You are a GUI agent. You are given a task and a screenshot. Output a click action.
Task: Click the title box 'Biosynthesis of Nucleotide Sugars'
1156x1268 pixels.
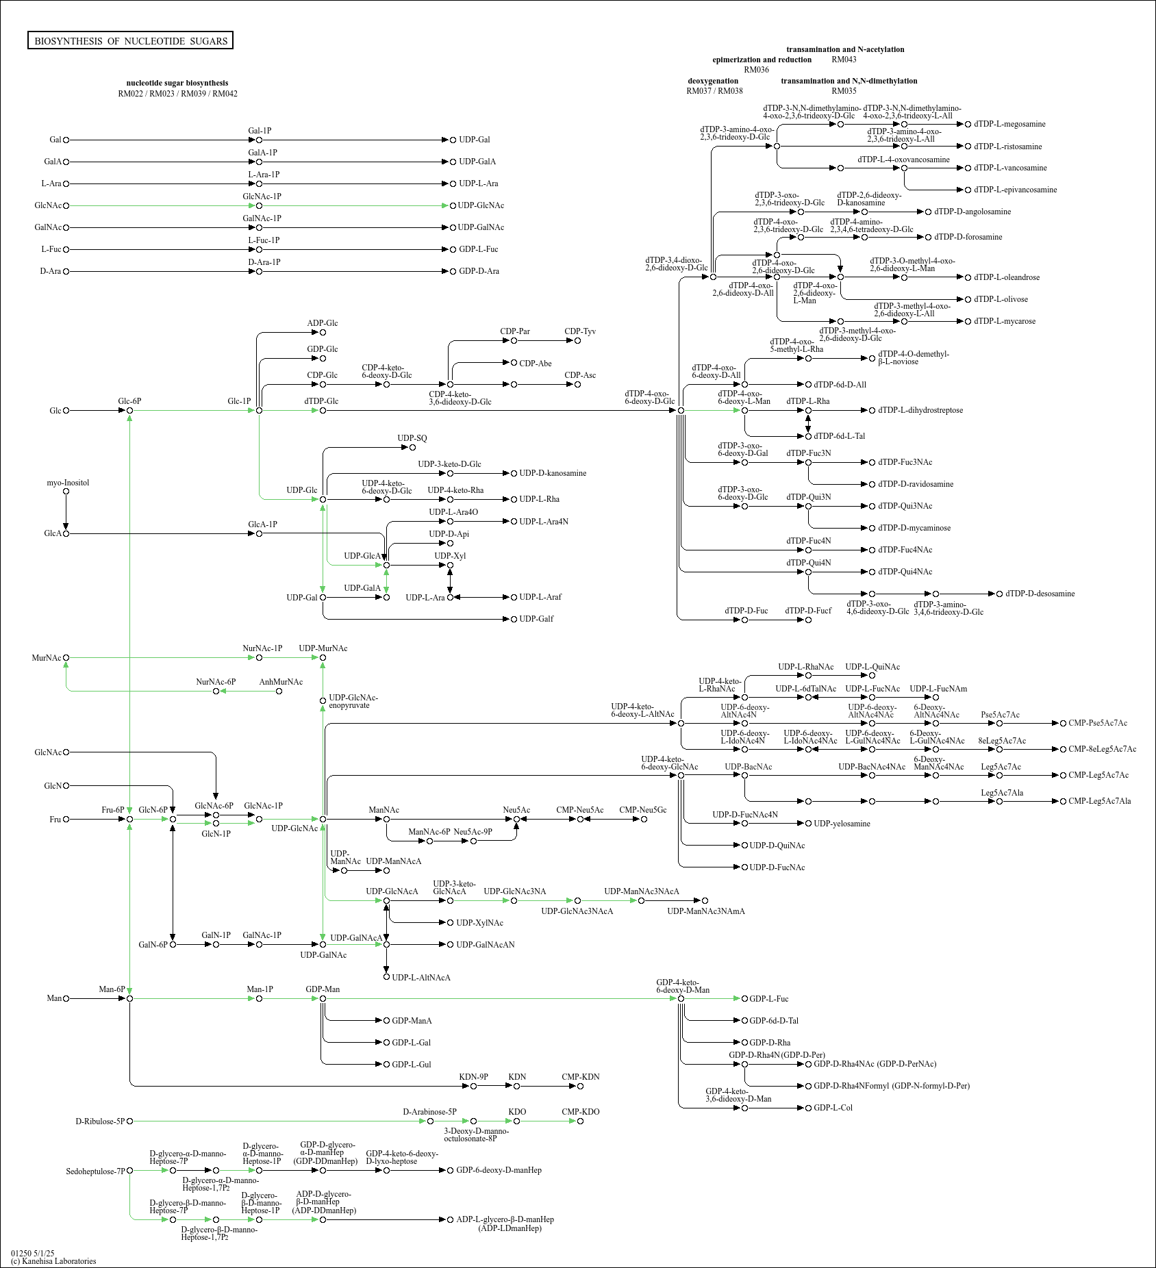tap(130, 41)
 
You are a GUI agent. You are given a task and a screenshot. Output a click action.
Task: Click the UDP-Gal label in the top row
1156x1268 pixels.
tap(475, 140)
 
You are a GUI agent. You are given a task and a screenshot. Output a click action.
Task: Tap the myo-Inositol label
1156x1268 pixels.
tap(68, 483)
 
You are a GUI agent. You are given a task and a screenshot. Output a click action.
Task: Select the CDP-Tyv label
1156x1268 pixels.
tap(580, 331)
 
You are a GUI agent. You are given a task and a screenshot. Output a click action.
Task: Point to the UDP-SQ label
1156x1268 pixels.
tap(412, 438)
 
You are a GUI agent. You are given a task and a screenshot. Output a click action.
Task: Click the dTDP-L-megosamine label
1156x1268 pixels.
tap(1009, 124)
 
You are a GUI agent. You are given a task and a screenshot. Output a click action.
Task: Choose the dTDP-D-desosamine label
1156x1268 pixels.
tap(1040, 594)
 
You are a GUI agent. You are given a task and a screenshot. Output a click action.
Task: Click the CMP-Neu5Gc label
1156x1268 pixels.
tap(642, 810)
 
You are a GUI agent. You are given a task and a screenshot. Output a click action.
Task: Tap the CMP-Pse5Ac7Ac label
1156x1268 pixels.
tap(1098, 723)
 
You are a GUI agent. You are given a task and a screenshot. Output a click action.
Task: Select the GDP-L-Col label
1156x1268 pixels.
tap(833, 1108)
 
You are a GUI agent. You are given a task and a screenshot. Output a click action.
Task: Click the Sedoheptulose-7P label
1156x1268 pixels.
tap(96, 1171)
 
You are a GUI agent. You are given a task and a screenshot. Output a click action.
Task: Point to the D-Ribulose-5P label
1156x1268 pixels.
tap(100, 1121)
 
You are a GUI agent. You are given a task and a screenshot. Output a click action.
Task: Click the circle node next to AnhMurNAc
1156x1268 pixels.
tap(279, 692)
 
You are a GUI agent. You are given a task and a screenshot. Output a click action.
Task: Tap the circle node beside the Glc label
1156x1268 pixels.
tap(66, 411)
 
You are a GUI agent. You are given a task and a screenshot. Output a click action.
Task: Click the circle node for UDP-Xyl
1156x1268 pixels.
tap(450, 566)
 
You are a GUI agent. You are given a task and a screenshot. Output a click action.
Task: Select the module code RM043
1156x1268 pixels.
tap(844, 60)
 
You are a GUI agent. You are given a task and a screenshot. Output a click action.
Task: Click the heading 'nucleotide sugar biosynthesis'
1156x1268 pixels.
tap(177, 83)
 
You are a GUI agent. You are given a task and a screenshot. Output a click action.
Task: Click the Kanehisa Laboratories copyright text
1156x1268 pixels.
tap(53, 1261)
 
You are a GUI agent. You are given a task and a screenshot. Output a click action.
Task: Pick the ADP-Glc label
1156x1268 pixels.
tap(323, 323)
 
